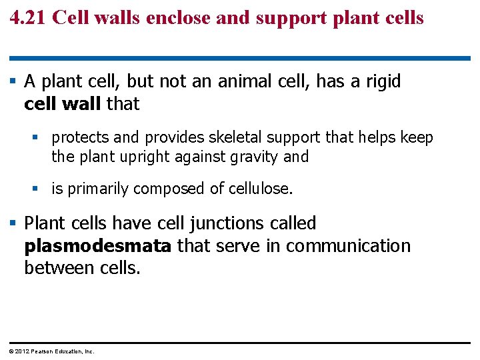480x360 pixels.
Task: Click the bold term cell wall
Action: pos(63,104)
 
